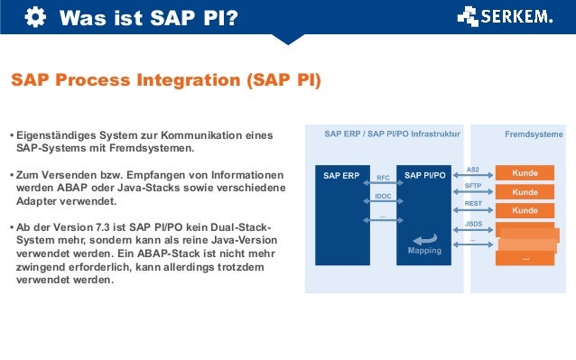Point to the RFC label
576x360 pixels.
(383, 178)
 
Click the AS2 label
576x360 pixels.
(472, 169)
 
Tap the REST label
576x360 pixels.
(473, 204)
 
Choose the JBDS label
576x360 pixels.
(473, 223)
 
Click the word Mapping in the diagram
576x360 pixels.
(425, 251)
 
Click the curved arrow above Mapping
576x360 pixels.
(425, 236)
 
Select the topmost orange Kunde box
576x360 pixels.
(525, 172)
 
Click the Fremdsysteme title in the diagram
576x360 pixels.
(533, 134)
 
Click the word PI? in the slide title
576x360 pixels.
(218, 16)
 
